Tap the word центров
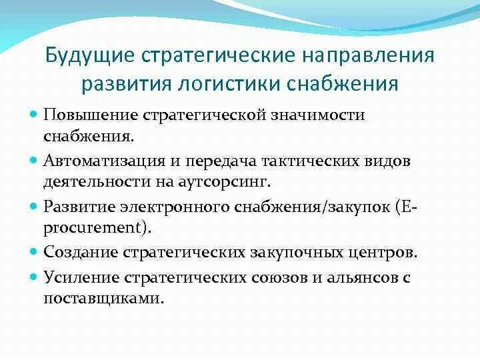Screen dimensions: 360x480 pos(385,253)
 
